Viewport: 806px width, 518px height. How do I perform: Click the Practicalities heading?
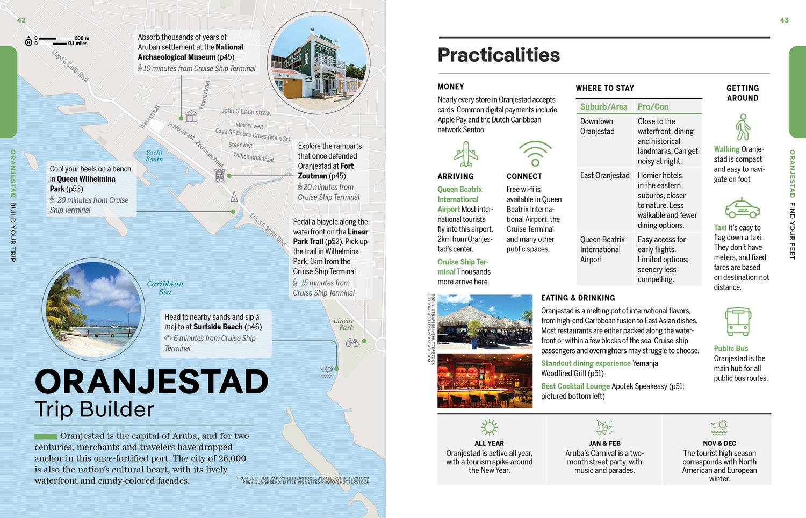coord(499,55)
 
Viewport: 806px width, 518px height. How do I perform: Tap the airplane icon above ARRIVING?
coord(466,154)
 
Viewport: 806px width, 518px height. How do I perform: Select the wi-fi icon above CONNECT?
coord(535,154)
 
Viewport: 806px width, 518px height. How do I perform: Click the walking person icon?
coord(743,127)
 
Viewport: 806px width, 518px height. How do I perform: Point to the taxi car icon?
coord(742,208)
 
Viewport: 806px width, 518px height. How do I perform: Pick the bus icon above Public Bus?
coord(738,322)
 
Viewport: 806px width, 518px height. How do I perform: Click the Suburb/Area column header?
coord(603,107)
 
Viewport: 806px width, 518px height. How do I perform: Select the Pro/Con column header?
coord(653,107)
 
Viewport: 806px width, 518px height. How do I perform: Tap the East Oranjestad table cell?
coord(604,176)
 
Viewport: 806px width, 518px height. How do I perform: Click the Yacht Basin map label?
coord(154,156)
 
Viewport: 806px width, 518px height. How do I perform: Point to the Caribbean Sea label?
coord(165,288)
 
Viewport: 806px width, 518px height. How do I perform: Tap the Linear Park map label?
coord(343,324)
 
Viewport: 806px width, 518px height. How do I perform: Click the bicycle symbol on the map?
coord(352,342)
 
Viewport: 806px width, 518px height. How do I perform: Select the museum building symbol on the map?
coord(191,116)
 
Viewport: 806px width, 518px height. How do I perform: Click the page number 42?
coord(21,20)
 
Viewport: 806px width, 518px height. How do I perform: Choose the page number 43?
coord(784,20)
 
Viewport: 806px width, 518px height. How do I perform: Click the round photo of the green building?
coord(318,63)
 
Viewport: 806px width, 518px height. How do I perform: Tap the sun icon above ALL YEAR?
coord(489,428)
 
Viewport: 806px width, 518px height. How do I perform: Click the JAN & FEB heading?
coord(604,444)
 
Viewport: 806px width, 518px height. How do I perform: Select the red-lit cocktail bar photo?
coord(485,380)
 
